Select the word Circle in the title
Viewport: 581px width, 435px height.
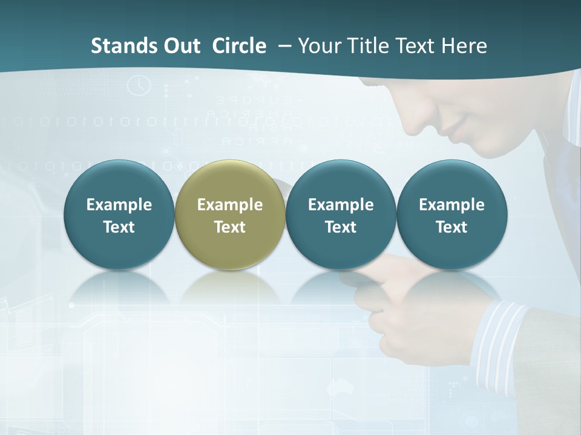pos(239,46)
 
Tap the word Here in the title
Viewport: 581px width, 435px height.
pos(464,46)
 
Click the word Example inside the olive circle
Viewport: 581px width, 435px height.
pos(230,205)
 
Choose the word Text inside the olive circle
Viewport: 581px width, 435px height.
pos(230,227)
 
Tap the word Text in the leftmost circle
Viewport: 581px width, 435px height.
pos(119,227)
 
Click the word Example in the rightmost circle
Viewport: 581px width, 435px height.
pos(452,205)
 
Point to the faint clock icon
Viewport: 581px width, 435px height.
pos(140,85)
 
